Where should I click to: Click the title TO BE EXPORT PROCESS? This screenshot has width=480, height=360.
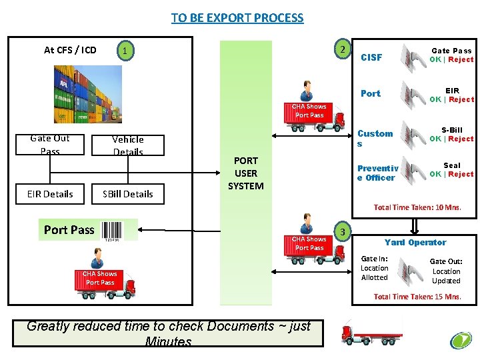237,18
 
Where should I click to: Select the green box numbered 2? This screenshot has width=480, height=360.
341,50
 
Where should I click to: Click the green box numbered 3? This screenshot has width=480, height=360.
342,232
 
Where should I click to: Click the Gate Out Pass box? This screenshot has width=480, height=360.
50,145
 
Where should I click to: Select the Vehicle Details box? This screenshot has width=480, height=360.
128,145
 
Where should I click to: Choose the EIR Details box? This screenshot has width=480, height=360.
50,194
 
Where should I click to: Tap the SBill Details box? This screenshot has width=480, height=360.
128,194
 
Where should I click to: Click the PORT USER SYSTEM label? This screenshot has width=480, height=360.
246,173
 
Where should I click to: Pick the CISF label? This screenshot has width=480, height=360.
371,57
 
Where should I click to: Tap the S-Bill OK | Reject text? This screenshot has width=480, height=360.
451,135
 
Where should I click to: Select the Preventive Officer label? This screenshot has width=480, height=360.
377,173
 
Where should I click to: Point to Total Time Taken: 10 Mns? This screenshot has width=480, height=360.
417,207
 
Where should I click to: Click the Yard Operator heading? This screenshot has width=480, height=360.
415,242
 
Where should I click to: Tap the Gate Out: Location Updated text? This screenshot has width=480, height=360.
446,271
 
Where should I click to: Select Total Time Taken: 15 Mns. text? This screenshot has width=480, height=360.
417,297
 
